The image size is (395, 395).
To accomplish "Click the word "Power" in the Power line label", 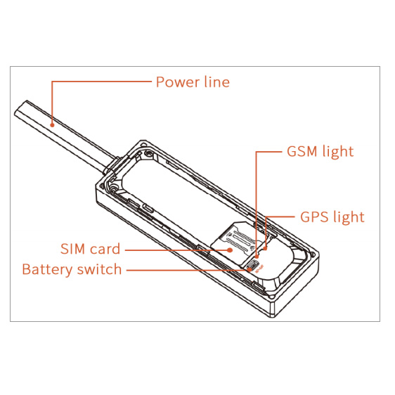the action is click(x=178, y=82).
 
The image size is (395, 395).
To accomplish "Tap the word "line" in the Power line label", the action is click(x=217, y=82).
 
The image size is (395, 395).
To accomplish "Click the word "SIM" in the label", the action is click(x=73, y=249).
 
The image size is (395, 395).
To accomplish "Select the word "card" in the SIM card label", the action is click(x=105, y=249).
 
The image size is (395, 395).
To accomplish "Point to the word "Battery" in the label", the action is click(x=47, y=270).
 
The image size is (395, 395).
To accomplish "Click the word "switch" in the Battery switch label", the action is click(x=100, y=269).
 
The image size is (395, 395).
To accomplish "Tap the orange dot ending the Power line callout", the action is click(x=52, y=124).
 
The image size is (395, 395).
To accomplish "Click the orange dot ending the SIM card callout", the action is click(x=230, y=250).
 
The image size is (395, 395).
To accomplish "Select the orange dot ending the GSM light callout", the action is click(x=257, y=257).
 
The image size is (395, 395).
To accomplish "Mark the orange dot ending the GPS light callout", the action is click(x=265, y=248).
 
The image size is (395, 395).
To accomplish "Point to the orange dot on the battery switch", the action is click(x=249, y=270).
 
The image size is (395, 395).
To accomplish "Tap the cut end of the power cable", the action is click(x=20, y=108).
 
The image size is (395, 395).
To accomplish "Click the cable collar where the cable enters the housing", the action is click(x=112, y=166).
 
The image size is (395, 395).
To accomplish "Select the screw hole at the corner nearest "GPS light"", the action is click(x=313, y=254).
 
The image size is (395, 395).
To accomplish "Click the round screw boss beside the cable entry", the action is click(x=114, y=188).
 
